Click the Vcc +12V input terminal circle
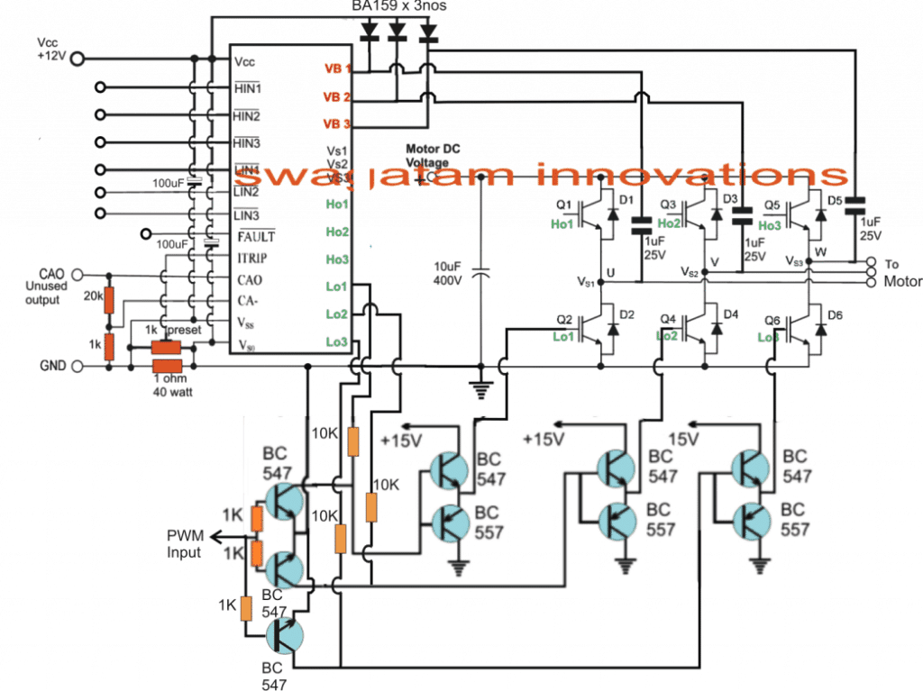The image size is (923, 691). coord(78,59)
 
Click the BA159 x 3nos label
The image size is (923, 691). coord(400,6)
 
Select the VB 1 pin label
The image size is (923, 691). coord(338,68)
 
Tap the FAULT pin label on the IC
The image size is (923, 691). coord(254,236)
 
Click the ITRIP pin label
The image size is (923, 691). coord(251,259)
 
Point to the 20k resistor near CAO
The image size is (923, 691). coord(110,301)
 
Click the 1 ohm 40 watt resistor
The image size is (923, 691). coord(167,366)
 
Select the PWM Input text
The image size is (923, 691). coord(185,545)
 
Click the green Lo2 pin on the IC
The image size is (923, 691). coord(335,314)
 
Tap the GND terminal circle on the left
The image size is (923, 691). coord(78,367)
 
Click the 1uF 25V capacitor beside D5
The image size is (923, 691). coord(853,206)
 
